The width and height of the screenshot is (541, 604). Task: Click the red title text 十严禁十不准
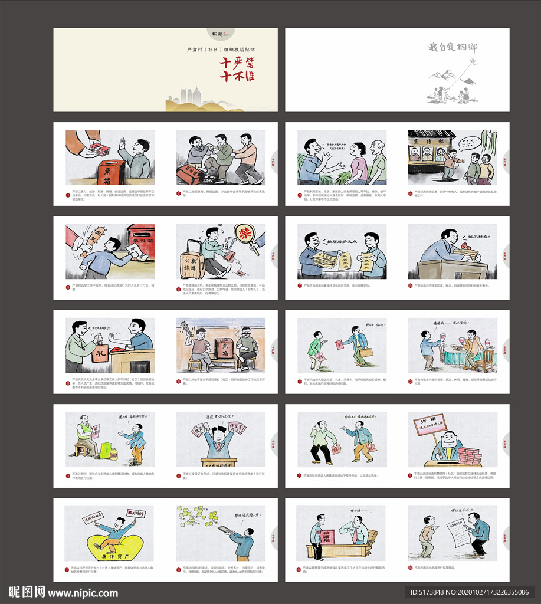237,70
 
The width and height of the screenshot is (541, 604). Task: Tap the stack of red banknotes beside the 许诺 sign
470,455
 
